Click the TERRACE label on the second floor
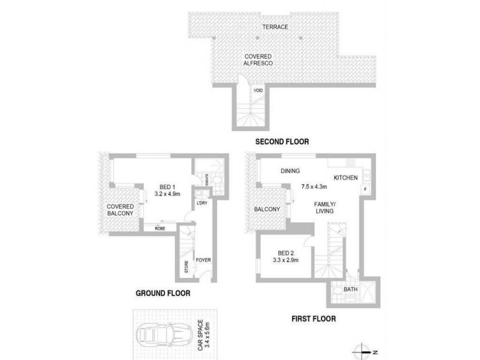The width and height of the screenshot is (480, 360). [x=275, y=27]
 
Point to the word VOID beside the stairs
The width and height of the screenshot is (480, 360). [x=258, y=91]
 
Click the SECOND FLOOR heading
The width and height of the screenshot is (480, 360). [x=281, y=142]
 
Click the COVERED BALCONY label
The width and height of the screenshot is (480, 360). [x=120, y=209]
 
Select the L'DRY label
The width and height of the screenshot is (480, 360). [x=202, y=203]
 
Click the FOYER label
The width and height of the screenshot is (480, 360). [x=204, y=260]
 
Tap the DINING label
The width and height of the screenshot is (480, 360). [x=290, y=172]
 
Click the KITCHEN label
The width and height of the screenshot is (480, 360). [x=346, y=178]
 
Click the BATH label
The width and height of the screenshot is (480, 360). [x=350, y=290]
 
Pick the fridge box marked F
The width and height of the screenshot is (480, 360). [x=365, y=191]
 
